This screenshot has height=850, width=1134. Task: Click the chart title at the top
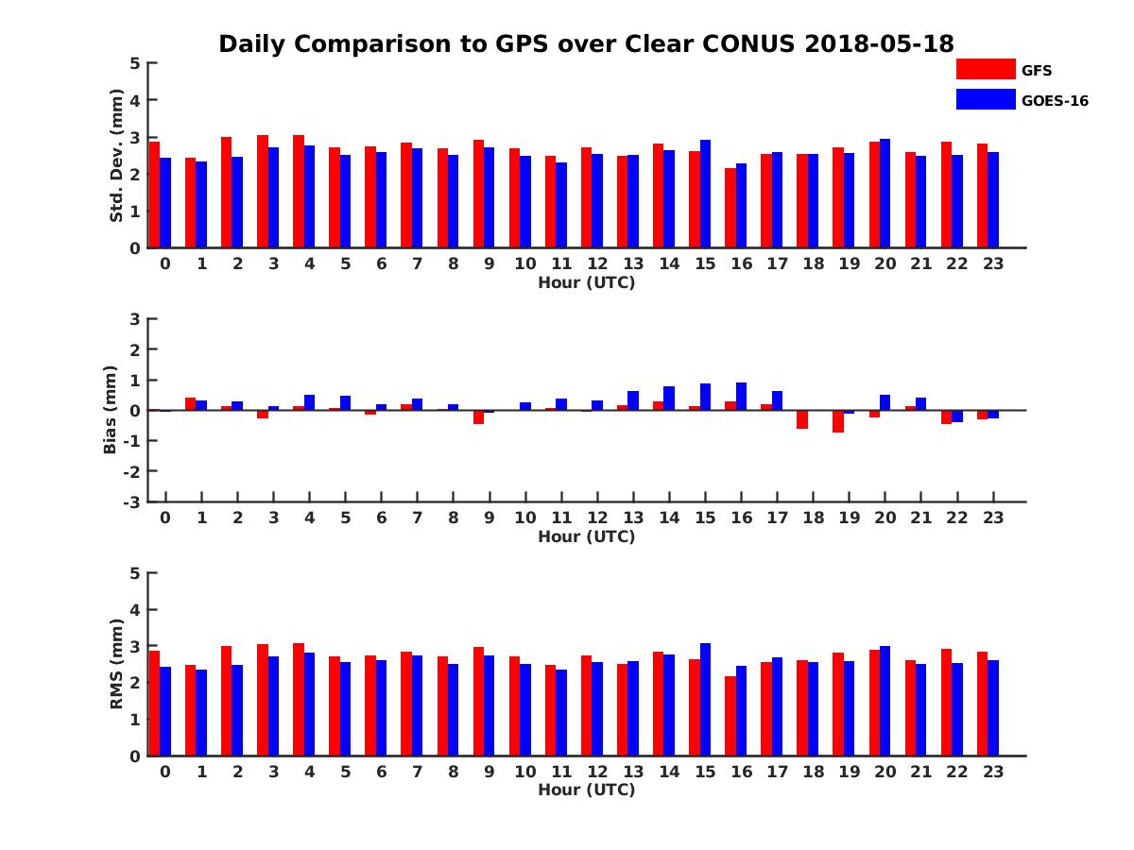pyautogui.click(x=586, y=44)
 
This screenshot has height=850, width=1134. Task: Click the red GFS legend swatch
pyautogui.click(x=985, y=70)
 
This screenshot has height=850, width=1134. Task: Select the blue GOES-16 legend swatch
pyautogui.click(x=985, y=99)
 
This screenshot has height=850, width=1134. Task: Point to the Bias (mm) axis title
pyautogui.click(x=110, y=410)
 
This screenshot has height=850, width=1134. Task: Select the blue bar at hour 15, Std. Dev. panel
pyautogui.click(x=705, y=194)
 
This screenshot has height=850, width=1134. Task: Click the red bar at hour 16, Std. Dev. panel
pyautogui.click(x=730, y=208)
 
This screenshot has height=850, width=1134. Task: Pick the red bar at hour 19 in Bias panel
pyautogui.click(x=838, y=421)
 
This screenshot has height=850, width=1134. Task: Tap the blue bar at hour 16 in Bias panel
pyautogui.click(x=741, y=397)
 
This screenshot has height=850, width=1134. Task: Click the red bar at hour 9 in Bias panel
pyautogui.click(x=478, y=417)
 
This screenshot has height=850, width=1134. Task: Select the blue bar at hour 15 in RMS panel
pyautogui.click(x=705, y=700)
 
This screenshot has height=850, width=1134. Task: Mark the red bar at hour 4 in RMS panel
pyautogui.click(x=299, y=700)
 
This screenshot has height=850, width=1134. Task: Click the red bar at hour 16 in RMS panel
pyautogui.click(x=730, y=716)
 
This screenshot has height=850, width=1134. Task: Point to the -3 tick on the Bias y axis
pyautogui.click(x=134, y=501)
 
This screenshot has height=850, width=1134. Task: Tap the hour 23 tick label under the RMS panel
pyautogui.click(x=992, y=772)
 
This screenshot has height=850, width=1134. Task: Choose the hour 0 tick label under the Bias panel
pyautogui.click(x=165, y=518)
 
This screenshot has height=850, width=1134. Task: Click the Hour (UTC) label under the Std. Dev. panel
pyautogui.click(x=586, y=282)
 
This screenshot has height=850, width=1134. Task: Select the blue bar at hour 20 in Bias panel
pyautogui.click(x=885, y=402)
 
